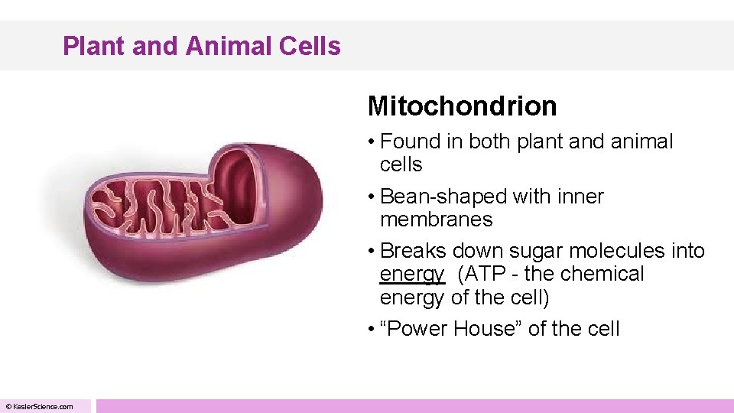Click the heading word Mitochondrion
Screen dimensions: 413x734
point(462,106)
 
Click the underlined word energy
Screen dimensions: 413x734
point(411,275)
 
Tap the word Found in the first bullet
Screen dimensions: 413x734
point(410,141)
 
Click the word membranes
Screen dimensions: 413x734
point(436,220)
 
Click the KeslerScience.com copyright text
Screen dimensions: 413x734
point(40,406)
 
